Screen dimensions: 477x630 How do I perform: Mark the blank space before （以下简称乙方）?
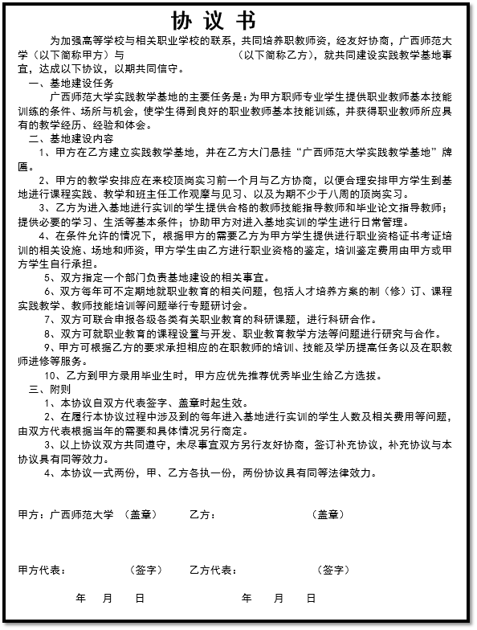[181, 55]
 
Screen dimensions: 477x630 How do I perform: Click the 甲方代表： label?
[42, 571]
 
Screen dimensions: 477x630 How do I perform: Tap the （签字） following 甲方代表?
[145, 571]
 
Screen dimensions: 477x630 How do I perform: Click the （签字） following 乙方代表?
[333, 571]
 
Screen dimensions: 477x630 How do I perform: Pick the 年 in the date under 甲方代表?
[80, 599]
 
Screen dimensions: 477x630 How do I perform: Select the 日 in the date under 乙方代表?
[311, 599]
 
